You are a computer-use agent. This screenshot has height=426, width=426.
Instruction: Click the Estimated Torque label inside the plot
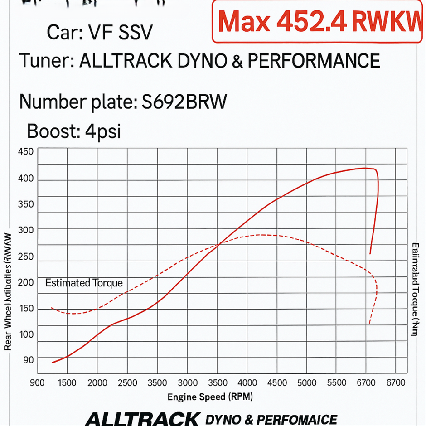point(84,283)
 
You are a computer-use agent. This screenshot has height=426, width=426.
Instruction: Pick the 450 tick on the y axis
point(26,151)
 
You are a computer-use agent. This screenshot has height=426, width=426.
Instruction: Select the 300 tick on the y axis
point(26,229)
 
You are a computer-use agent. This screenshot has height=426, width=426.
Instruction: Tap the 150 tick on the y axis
point(26,309)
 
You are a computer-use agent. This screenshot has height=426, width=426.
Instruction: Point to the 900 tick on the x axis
point(37,383)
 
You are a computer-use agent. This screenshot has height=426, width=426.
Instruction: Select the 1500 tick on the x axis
point(67,383)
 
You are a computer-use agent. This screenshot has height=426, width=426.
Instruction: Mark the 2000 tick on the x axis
point(97,383)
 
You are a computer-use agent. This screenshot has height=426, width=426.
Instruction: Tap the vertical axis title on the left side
point(8,291)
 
